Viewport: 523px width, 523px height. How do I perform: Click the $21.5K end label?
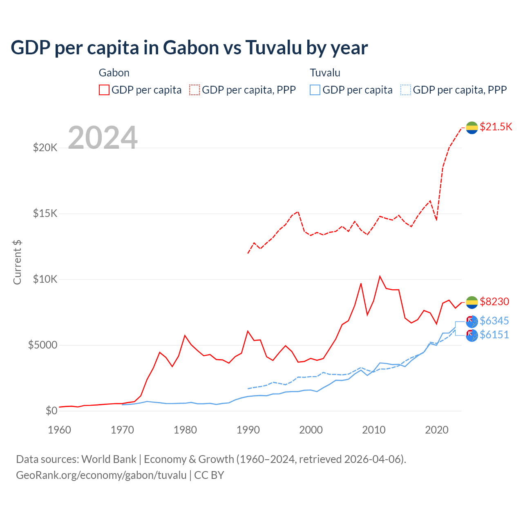coord(496,127)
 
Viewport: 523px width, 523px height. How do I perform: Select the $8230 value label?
coord(494,302)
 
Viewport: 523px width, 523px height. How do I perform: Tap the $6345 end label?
coord(494,321)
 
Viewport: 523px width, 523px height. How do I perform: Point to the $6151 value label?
coord(494,335)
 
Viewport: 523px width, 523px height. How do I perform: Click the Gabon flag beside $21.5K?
coord(472,127)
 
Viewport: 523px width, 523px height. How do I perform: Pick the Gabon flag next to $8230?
coord(472,302)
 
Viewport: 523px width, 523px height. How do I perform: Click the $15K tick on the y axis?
coord(45,213)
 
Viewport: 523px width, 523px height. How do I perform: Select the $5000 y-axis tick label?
coord(42,345)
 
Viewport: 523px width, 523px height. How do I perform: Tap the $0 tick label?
coord(51,411)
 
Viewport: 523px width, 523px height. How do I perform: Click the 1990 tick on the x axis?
coord(248,430)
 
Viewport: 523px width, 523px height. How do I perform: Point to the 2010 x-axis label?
coord(374,430)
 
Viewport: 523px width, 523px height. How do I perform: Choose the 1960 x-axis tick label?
coord(60,430)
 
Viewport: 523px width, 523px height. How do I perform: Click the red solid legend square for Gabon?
coord(104,90)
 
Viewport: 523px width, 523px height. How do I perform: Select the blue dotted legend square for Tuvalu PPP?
coord(406,90)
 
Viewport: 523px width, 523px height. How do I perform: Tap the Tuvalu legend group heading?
coord(325,73)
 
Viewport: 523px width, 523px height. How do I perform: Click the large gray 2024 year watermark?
coord(103,138)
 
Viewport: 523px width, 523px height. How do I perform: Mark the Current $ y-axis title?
coord(17,262)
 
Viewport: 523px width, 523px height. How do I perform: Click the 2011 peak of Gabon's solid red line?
coord(380,277)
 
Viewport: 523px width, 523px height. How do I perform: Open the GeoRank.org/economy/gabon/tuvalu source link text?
coord(101,475)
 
